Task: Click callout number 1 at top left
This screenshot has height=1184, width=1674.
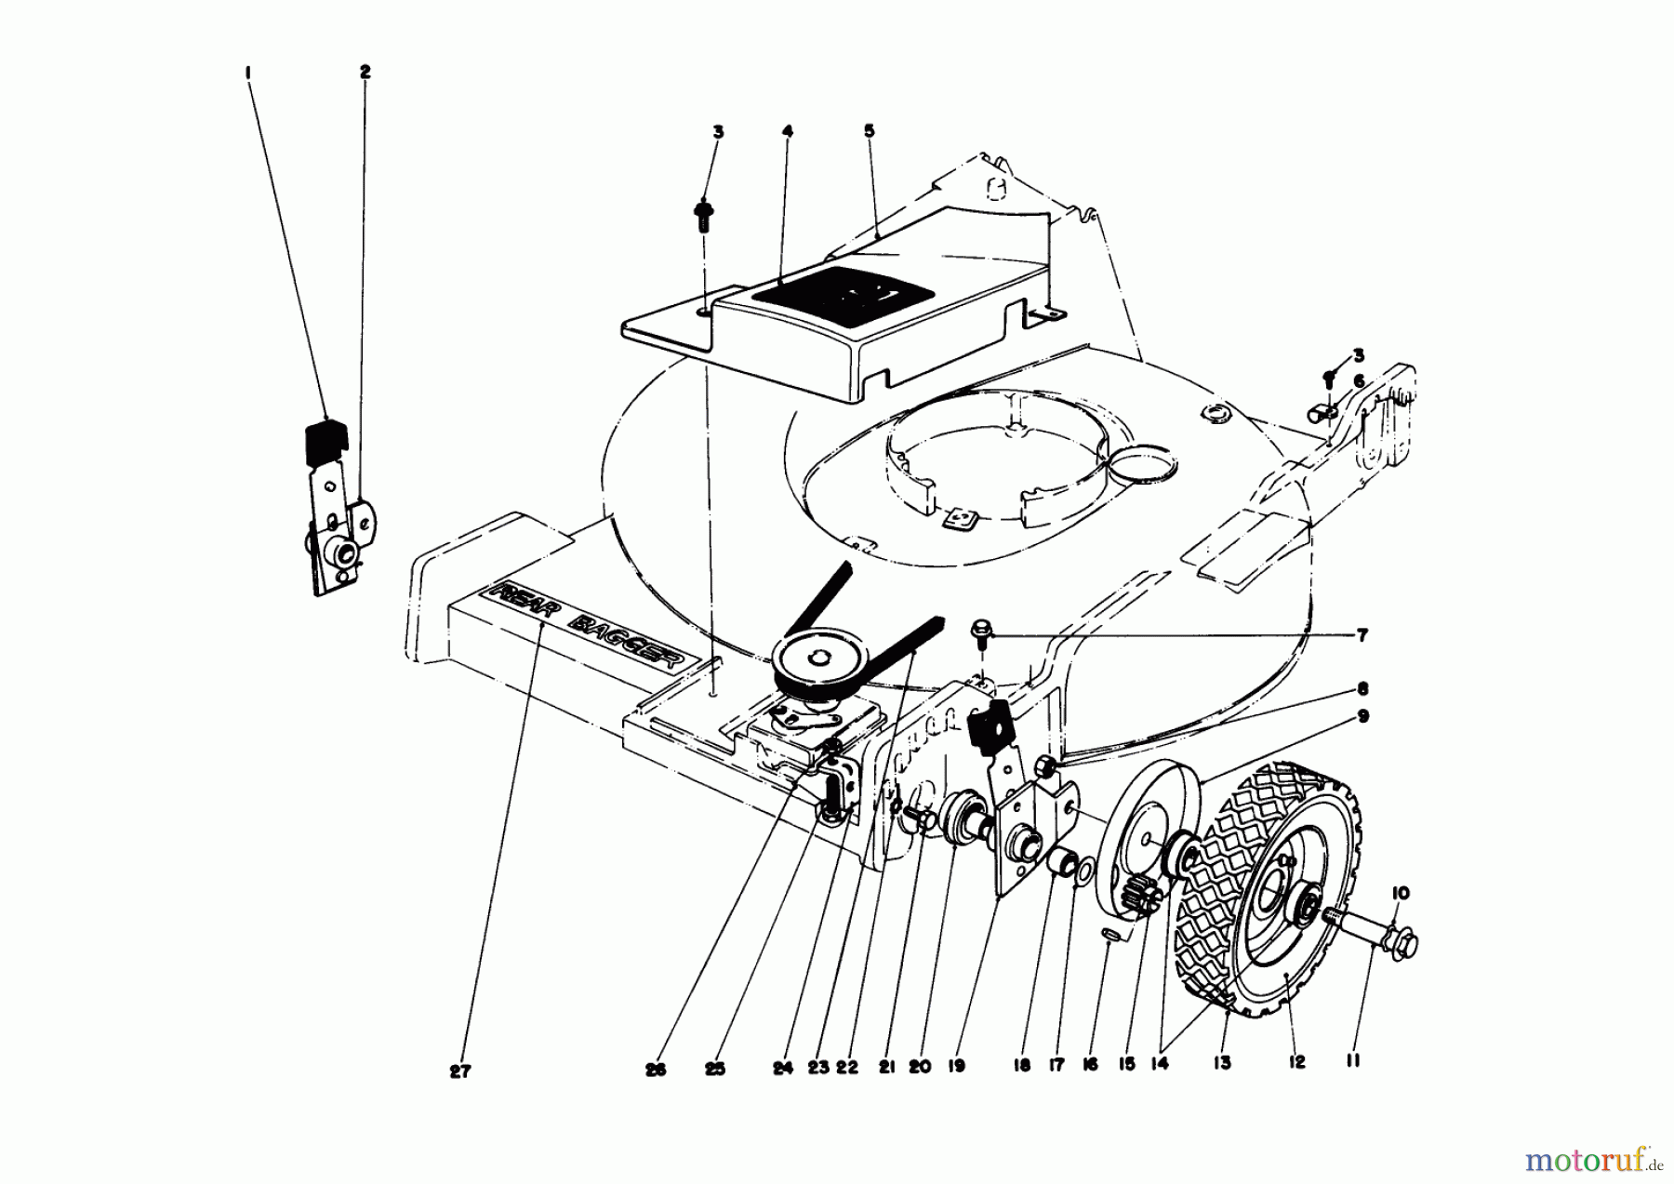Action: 248,71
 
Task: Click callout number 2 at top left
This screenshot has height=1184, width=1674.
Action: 365,71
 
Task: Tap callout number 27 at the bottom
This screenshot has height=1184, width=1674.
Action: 459,1071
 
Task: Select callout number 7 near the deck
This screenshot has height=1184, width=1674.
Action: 1362,636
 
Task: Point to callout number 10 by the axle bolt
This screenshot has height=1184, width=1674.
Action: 1401,893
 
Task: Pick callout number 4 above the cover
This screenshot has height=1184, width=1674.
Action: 787,132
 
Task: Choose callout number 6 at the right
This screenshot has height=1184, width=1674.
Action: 1359,380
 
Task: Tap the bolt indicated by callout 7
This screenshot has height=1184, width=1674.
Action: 981,632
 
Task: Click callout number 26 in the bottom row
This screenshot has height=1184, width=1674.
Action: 657,1070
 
